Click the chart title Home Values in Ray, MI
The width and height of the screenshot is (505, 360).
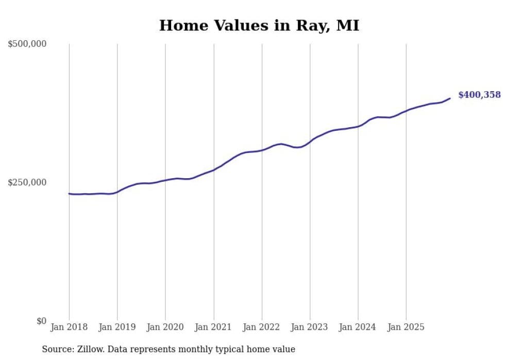pyautogui.click(x=259, y=25)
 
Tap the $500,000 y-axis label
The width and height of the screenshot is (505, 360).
pyautogui.click(x=27, y=44)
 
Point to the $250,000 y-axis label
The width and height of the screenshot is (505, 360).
pyautogui.click(x=27, y=182)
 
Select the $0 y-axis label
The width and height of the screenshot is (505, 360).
pyautogui.click(x=41, y=321)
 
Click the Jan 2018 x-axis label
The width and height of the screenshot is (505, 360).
pyautogui.click(x=69, y=327)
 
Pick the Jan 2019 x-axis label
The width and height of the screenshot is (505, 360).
pyautogui.click(x=117, y=327)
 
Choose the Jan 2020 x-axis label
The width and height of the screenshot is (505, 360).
pyautogui.click(x=165, y=327)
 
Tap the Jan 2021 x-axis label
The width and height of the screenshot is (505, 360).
pyautogui.click(x=213, y=327)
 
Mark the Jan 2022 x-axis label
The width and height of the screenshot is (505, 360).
pyautogui.click(x=262, y=327)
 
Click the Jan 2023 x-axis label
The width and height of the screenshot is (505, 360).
pyautogui.click(x=310, y=327)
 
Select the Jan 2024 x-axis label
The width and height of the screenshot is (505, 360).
pyautogui.click(x=358, y=327)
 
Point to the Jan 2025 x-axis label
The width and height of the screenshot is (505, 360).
pyautogui.click(x=406, y=327)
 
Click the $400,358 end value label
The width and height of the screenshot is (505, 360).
pyautogui.click(x=479, y=95)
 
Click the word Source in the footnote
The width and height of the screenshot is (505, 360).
pyautogui.click(x=57, y=349)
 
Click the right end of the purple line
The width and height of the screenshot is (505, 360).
pyautogui.click(x=450, y=98)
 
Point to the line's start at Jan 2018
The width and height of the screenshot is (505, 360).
pyautogui.click(x=69, y=194)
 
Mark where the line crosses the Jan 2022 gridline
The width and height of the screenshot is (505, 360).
pyautogui.click(x=262, y=150)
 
